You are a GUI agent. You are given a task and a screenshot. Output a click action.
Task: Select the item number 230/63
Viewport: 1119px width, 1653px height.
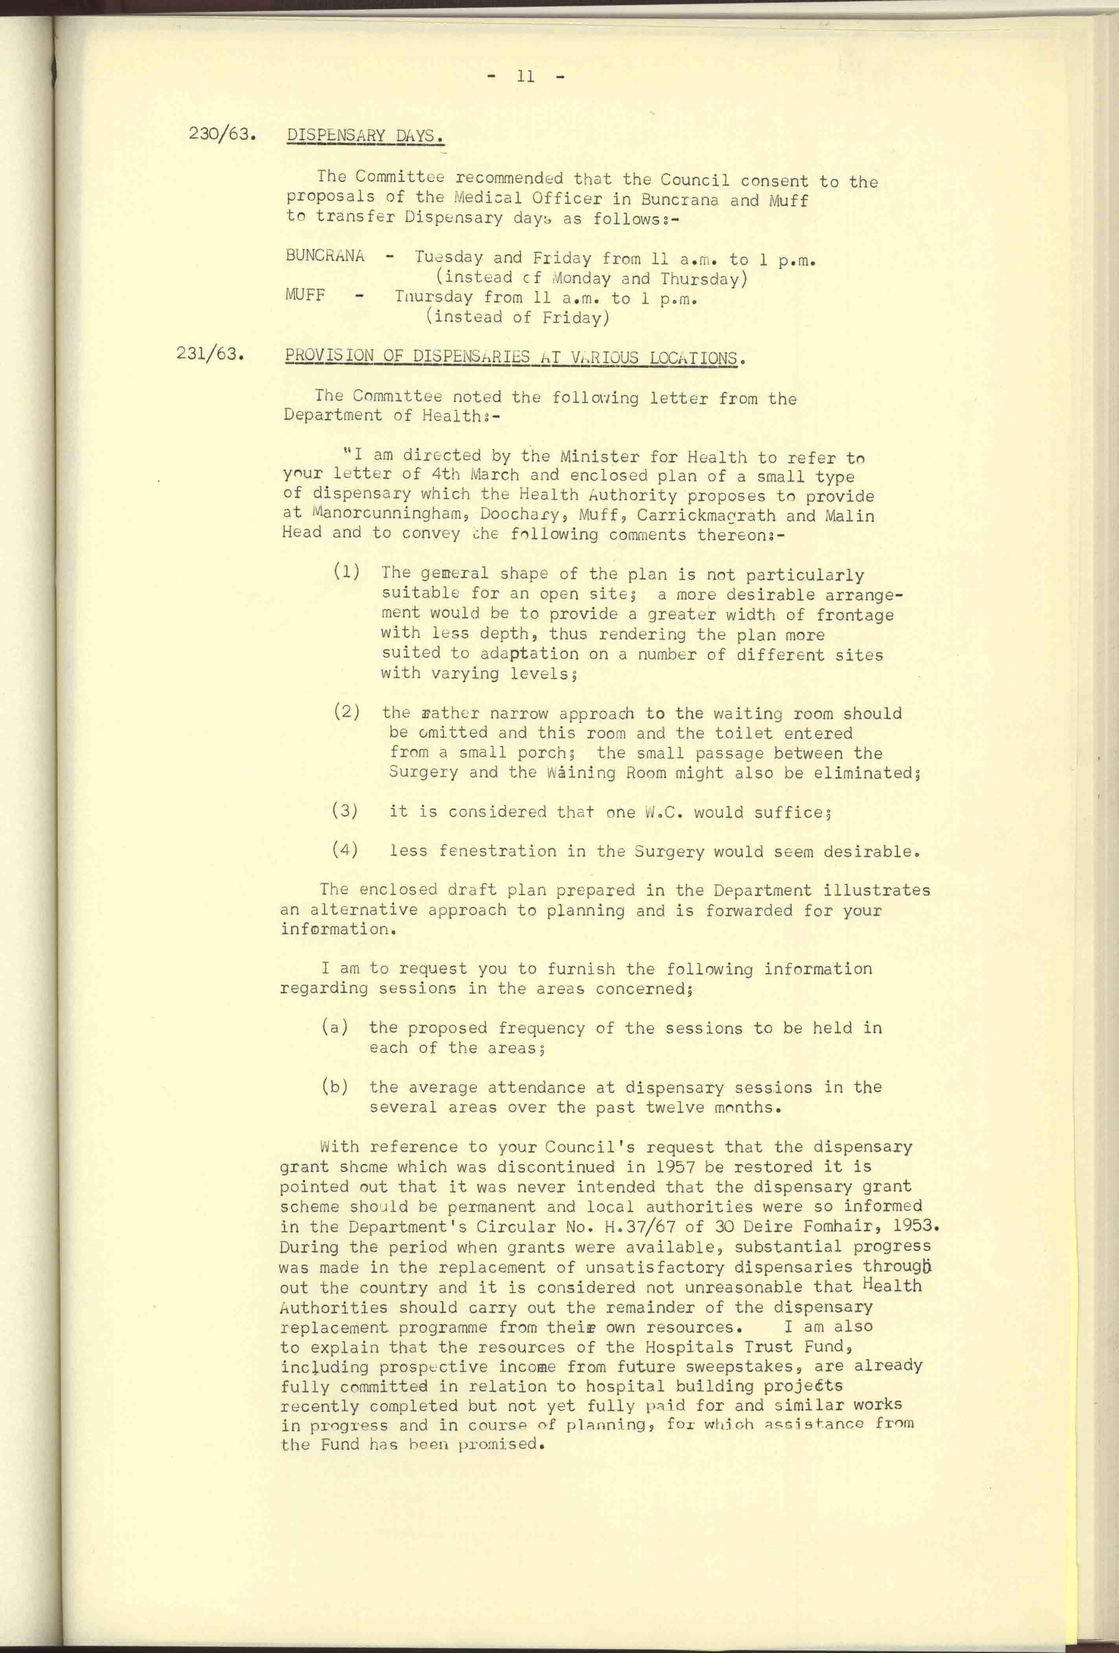[x=222, y=134]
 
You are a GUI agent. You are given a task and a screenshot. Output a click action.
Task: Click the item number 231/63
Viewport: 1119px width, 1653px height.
[x=211, y=353]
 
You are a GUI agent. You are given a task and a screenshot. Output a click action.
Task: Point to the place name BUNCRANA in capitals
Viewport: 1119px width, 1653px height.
[x=324, y=256]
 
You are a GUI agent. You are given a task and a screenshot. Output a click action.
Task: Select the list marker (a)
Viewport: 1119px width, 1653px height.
[x=334, y=1027]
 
